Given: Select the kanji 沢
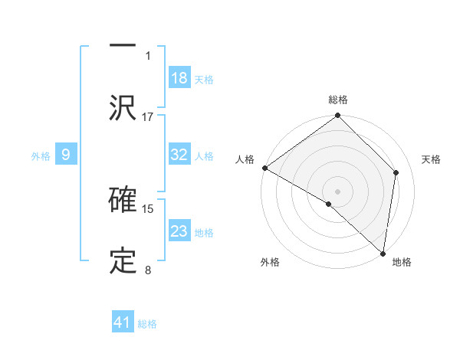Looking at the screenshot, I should (123, 108).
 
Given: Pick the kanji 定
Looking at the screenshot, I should (123, 261).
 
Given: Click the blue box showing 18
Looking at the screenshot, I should (179, 77).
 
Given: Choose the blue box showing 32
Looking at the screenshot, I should (179, 155).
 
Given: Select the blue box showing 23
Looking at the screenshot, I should (179, 231).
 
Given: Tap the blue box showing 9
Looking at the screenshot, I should (66, 155).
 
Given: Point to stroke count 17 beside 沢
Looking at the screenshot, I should (148, 116).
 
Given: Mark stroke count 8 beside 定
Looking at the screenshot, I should (148, 270).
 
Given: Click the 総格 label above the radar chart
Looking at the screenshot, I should (338, 100).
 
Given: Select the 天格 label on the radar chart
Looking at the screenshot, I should (432, 159).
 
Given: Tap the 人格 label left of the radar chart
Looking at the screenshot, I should (245, 159).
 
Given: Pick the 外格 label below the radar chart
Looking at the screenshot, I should (269, 262).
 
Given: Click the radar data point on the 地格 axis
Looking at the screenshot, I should (383, 253).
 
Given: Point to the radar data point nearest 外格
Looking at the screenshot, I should (329, 204).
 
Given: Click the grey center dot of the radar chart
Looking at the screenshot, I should (338, 191).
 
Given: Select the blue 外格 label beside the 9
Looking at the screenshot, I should (41, 155).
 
